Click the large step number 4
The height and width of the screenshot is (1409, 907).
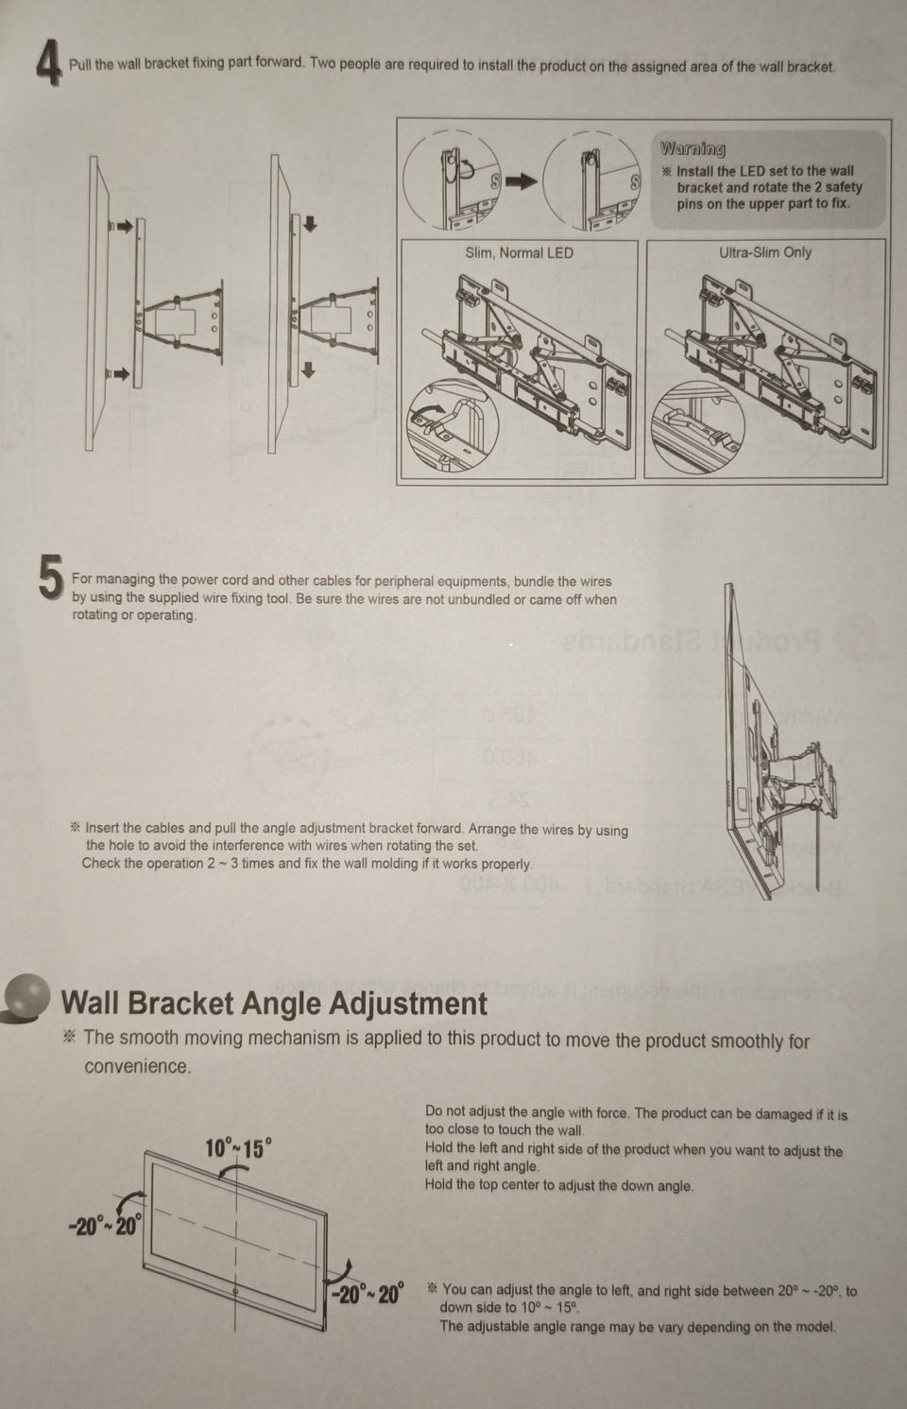[x=49, y=62]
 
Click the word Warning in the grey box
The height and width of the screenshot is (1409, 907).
[x=693, y=149]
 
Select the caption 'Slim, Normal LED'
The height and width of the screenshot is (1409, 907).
[x=519, y=253]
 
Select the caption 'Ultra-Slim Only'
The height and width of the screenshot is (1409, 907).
[x=765, y=252]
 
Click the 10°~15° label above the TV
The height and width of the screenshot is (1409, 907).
[x=239, y=1147]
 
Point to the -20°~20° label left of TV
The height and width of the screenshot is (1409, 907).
[x=106, y=1226]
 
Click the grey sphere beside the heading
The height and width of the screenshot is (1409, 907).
[x=26, y=994]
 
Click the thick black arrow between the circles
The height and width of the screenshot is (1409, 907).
[x=521, y=181]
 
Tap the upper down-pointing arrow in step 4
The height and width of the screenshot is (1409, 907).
[x=310, y=224]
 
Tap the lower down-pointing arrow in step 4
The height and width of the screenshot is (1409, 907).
[x=308, y=370]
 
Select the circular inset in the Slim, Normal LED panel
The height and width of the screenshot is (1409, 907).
[x=453, y=424]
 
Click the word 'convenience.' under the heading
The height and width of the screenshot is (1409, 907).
[x=137, y=1066]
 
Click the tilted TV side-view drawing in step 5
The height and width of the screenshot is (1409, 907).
[x=780, y=741]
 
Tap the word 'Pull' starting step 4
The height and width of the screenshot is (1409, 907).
[x=80, y=64]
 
